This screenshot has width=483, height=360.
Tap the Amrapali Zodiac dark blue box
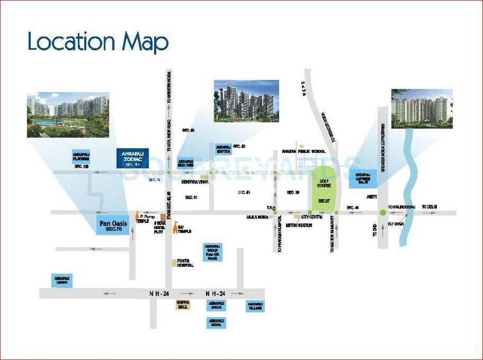click(x=132, y=158)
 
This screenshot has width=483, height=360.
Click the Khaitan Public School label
click(x=304, y=152)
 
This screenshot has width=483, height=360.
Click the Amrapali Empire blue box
click(x=63, y=279)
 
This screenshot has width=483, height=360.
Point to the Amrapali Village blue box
click(x=255, y=306)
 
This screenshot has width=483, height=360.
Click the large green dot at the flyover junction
click(x=383, y=212)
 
